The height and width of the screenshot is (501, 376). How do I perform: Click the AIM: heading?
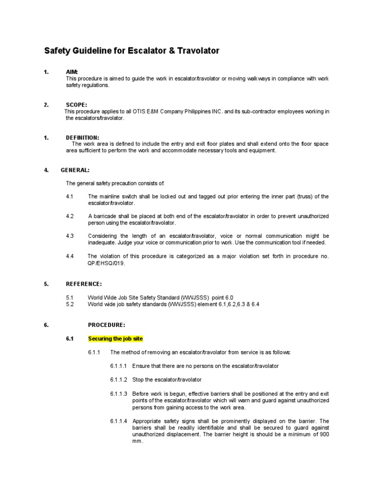click(72, 72)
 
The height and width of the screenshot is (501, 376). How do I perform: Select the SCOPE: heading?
click(76, 105)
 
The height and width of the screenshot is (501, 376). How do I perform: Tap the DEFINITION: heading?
click(82, 137)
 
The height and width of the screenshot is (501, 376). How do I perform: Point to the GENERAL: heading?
click(75, 170)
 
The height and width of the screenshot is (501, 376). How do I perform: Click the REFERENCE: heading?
click(84, 284)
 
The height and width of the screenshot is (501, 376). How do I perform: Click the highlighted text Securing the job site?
click(115, 339)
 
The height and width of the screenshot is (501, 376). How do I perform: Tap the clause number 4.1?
click(70, 196)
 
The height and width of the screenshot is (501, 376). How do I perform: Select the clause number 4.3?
click(70, 236)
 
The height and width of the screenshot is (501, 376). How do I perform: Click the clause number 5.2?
click(70, 304)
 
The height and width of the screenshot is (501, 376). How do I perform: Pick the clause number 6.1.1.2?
click(118, 380)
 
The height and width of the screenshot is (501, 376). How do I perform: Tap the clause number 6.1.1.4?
click(118, 421)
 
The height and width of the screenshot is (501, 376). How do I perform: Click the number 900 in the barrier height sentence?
click(324, 434)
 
